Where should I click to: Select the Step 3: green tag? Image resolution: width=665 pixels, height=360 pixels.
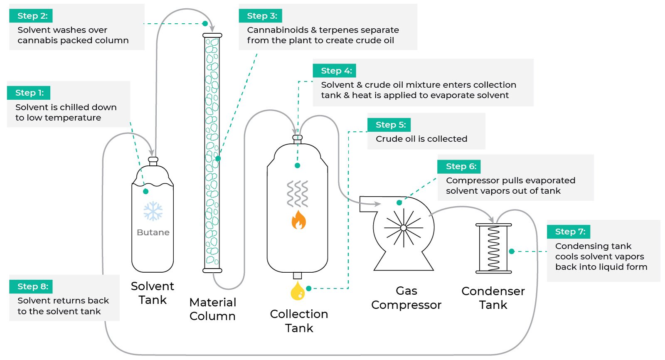(261, 16)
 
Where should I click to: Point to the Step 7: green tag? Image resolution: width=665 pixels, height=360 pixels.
(569, 232)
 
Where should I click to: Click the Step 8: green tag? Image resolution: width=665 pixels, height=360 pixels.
(32, 286)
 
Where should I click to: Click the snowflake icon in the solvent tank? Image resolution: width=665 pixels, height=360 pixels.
(153, 211)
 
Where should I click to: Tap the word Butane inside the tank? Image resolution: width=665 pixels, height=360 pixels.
(153, 232)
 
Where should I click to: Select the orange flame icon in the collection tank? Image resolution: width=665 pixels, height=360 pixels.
(298, 220)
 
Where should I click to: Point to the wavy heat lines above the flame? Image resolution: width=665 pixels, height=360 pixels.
(298, 194)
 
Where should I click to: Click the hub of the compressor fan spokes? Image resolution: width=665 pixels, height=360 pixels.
(403, 228)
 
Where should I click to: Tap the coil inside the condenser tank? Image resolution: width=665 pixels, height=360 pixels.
(493, 248)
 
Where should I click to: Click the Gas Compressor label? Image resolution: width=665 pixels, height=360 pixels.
(406, 298)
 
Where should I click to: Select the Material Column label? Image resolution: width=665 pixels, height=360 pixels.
(212, 309)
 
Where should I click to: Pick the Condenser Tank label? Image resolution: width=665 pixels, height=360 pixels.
(493, 298)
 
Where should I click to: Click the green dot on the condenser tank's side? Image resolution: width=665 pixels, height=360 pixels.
(512, 251)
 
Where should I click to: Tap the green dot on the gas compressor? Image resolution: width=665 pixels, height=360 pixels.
(399, 203)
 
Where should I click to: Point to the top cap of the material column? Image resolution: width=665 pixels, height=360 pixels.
(212, 36)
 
